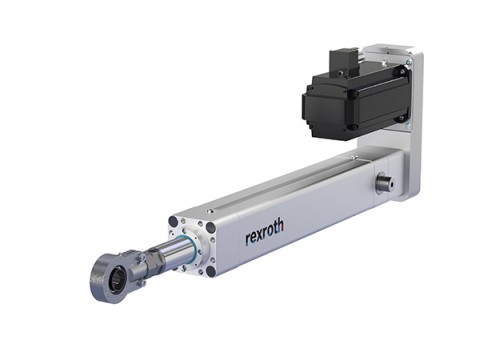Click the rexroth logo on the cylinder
pos(265,231)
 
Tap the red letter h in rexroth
pos(281,225)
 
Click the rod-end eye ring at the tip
pos(106,278)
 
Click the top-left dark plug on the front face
pos(173,221)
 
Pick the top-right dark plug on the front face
pos(211,227)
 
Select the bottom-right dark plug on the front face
pos(210,271)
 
